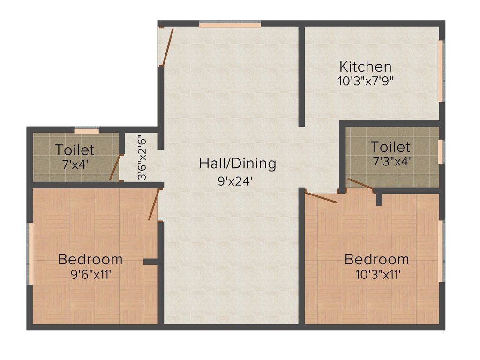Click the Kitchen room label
coord(365,66)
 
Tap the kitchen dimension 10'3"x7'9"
coord(365,80)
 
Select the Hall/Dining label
coord(237,164)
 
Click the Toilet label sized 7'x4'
coord(75,150)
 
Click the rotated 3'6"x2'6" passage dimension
coord(142,157)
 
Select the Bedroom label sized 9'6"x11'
coord(90,259)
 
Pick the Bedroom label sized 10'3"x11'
coord(376,259)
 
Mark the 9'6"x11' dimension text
coord(90,274)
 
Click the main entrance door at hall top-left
coord(167,47)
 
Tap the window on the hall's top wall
coord(230,24)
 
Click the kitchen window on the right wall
coord(441,71)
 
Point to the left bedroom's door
coord(154,204)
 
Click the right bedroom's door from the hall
coord(321,197)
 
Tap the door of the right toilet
coord(360,185)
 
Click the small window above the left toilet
coord(87,131)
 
